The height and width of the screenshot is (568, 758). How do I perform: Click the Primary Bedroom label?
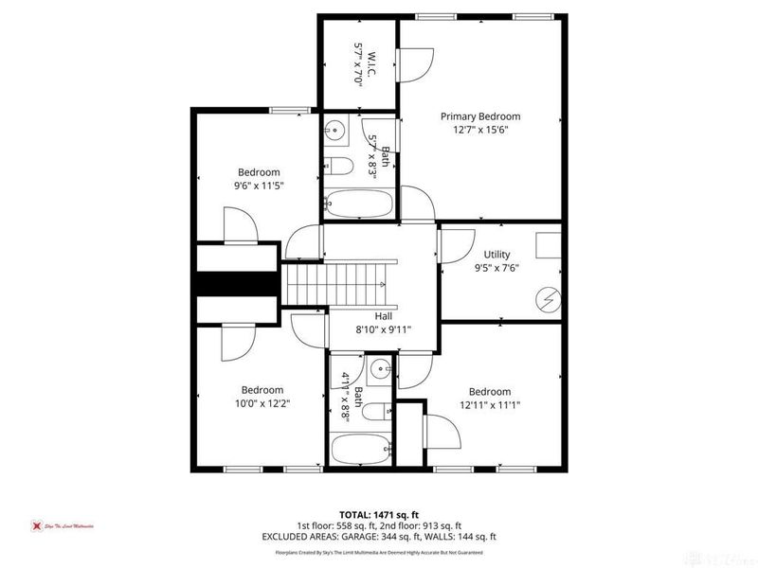click(x=480, y=116)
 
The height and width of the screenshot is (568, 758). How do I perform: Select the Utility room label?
click(x=496, y=255)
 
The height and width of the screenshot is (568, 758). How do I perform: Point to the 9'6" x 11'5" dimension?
click(x=259, y=186)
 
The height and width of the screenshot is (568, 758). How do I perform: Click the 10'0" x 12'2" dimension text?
click(x=262, y=403)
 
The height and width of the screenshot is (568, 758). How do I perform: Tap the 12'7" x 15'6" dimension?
click(x=480, y=131)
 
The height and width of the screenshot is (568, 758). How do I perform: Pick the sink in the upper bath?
click(x=334, y=130)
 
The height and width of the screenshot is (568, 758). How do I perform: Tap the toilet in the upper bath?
click(x=338, y=167)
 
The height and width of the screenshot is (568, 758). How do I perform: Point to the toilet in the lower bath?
click(x=376, y=411)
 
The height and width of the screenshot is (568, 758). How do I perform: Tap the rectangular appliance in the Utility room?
click(x=549, y=245)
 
